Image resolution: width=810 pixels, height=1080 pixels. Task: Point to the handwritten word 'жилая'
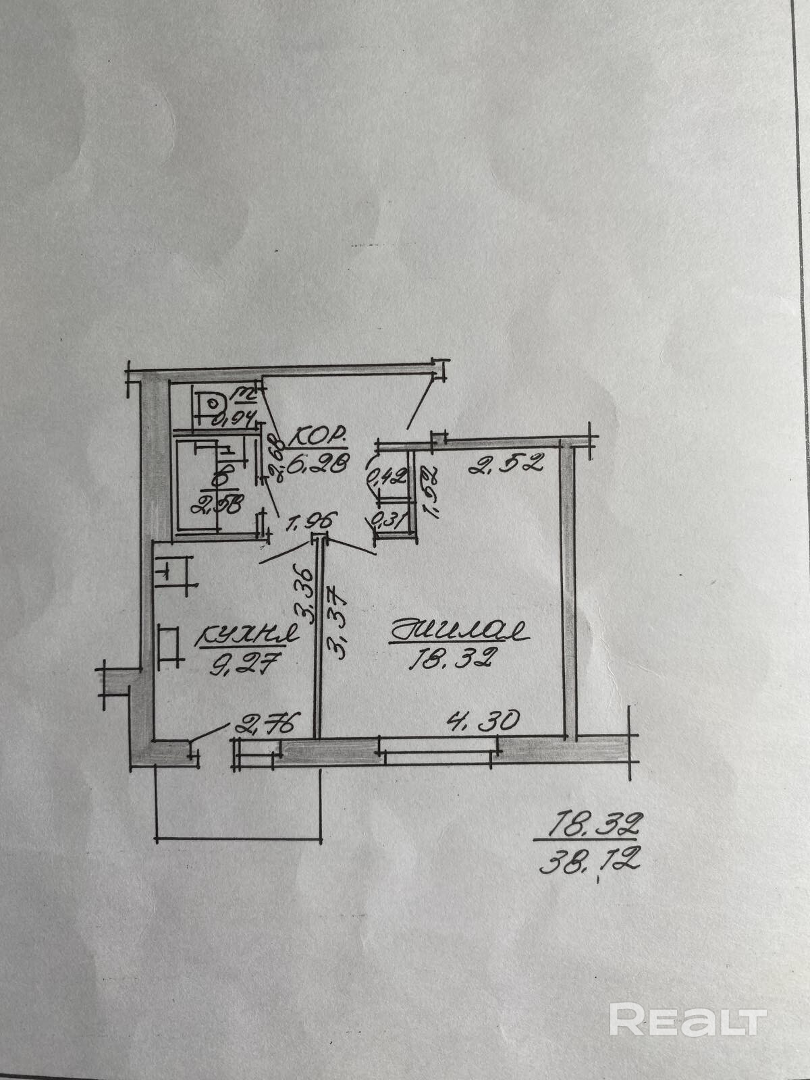click(x=459, y=632)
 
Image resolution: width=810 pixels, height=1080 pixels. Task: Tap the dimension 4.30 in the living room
click(x=483, y=721)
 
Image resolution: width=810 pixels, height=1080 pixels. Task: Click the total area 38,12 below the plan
click(x=589, y=861)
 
